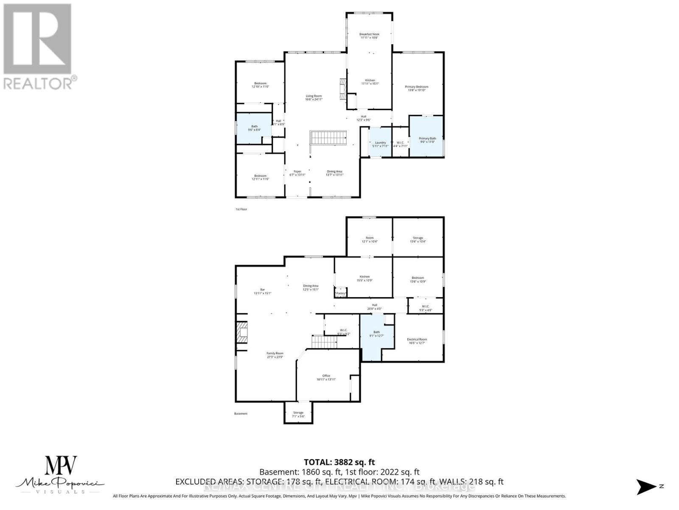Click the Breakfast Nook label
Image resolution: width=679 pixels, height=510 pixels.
369,36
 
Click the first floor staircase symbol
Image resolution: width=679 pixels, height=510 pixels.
328,138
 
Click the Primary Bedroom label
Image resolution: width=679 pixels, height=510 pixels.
416,88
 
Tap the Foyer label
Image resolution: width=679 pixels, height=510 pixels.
297,173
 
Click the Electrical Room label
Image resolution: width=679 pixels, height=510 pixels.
417,341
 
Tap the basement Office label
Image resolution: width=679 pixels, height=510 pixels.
326,377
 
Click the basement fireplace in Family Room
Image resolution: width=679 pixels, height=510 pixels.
242,333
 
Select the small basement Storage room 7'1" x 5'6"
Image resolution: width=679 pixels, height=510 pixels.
298,413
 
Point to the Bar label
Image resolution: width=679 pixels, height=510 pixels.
262,291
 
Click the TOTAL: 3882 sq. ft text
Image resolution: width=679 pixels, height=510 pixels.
339,462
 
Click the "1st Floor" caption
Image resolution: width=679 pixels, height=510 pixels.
241,209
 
